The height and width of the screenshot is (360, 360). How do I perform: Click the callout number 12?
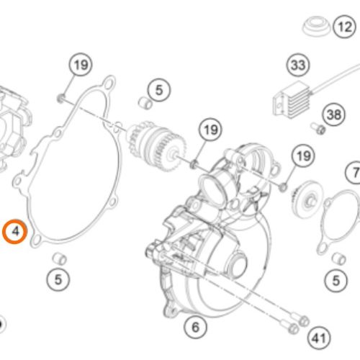tap(345, 27)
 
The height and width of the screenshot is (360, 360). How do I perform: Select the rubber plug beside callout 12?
tap(316, 26)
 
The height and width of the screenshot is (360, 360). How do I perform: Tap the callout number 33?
tap(298, 65)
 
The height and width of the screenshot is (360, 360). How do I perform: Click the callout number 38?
tap(334, 114)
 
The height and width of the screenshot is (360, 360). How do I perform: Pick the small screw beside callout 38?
tap(318, 128)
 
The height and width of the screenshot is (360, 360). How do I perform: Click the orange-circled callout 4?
tap(15, 231)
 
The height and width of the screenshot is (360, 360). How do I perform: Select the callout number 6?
tap(196, 327)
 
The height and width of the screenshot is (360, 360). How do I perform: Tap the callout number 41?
tap(319, 338)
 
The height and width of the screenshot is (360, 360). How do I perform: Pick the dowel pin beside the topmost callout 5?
tap(145, 103)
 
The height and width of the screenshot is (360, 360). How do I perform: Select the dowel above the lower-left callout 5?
tap(60, 258)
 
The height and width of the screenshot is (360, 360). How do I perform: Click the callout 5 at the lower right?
tap(336, 280)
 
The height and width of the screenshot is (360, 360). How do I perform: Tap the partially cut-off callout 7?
tap(354, 172)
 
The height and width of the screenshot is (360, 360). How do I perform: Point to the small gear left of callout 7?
tap(307, 199)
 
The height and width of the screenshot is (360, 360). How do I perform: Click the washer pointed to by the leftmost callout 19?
tap(60, 98)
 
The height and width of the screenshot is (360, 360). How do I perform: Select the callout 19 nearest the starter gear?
tap(211, 130)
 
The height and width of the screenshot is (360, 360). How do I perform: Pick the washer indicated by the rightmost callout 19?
tap(284, 186)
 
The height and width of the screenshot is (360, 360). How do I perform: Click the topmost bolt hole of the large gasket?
tap(109, 84)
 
